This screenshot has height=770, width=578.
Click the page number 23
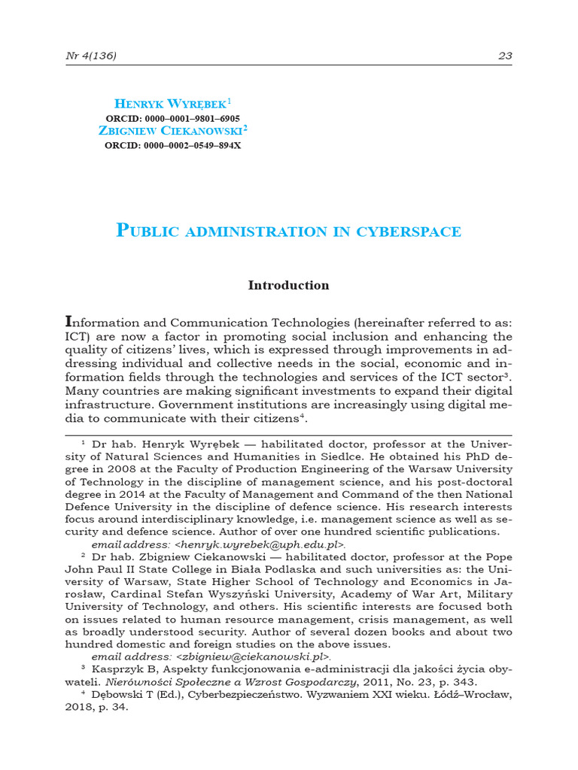coord(505,56)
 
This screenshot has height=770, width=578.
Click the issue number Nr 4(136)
coord(91,56)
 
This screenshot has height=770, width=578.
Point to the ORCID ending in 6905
coord(174,117)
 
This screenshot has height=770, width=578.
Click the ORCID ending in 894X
coord(174,145)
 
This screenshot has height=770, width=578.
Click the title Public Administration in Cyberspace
coord(289,231)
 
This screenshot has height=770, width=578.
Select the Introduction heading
coord(289,286)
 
